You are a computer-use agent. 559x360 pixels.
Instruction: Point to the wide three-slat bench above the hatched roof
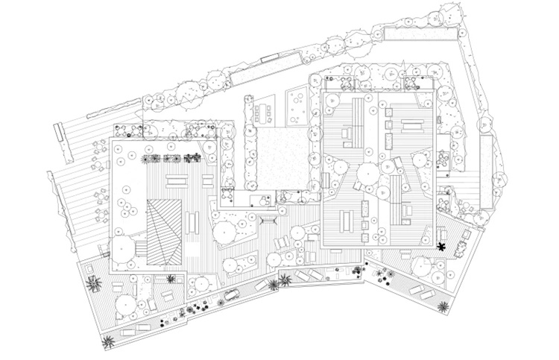177,180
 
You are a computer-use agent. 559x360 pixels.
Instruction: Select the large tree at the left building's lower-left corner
121,250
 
